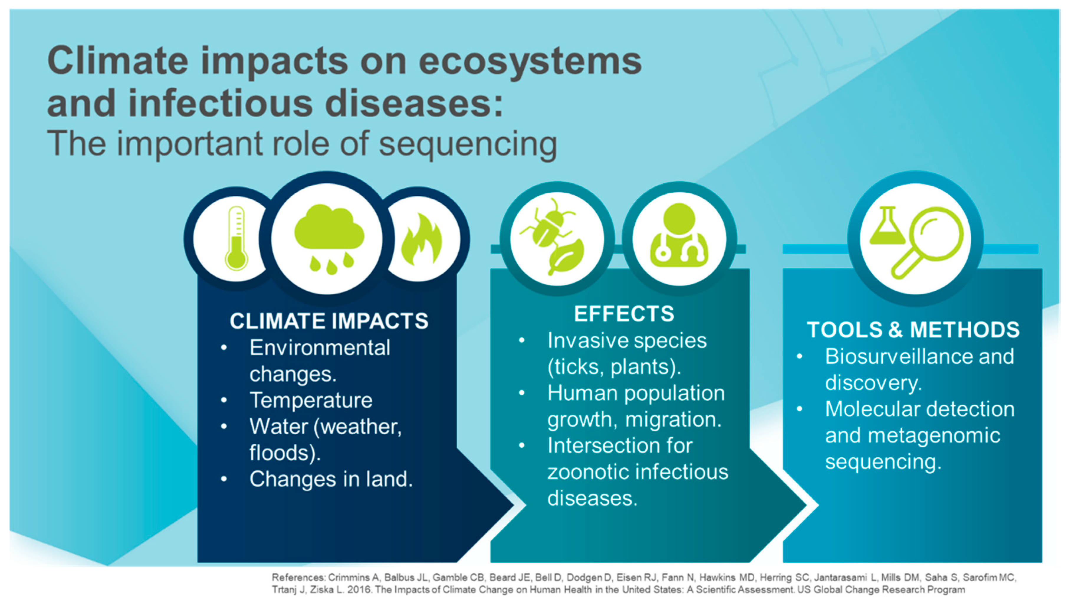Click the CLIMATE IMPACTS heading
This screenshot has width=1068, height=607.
329,321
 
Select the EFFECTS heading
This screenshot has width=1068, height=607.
624,313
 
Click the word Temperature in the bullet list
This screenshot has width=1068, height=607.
311,400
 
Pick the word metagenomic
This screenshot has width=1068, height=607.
934,436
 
